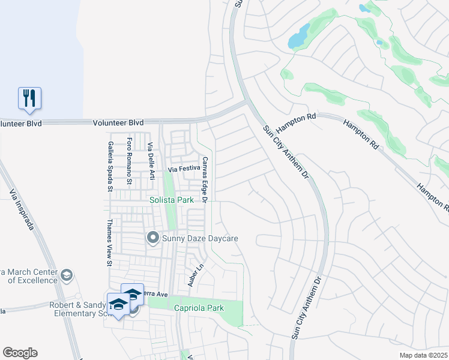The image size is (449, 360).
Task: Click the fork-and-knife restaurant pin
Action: tap(29, 98)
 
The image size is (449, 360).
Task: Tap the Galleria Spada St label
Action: tap(110, 162)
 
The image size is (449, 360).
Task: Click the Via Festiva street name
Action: tap(184, 169)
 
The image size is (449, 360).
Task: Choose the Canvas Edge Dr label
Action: tap(205, 179)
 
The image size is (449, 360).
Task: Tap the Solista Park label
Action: tap(172, 200)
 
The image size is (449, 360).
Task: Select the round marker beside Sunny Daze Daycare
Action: tap(152, 239)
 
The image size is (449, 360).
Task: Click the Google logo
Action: tap(20, 352)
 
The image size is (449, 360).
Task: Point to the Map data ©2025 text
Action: tap(423, 355)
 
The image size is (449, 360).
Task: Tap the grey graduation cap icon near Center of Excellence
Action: tap(67, 275)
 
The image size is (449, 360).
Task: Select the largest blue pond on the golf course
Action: tap(298, 37)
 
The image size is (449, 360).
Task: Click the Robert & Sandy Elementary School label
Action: tap(78, 308)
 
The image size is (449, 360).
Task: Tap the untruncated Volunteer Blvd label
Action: tap(118, 122)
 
